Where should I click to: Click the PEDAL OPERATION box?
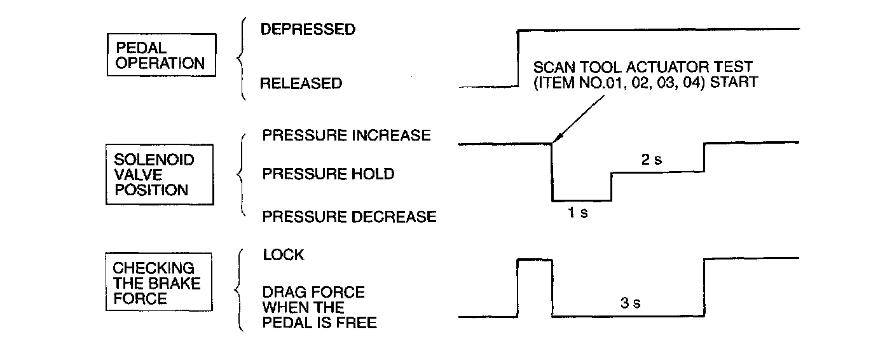pyautogui.click(x=160, y=55)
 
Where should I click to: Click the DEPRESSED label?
pyautogui.click(x=308, y=29)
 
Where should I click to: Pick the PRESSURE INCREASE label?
pyautogui.click(x=346, y=135)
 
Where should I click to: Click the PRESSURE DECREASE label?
pyautogui.click(x=349, y=217)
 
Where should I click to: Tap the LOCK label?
pyautogui.click(x=284, y=255)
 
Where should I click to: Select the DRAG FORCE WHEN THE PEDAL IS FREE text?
pyautogui.click(x=319, y=308)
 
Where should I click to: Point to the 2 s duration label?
pyautogui.click(x=651, y=160)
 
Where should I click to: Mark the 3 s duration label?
pyautogui.click(x=629, y=303)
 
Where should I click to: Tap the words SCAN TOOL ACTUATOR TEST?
pyautogui.click(x=643, y=66)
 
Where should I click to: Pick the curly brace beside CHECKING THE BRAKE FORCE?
pyautogui.click(x=240, y=290)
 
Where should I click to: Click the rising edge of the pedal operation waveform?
pyautogui.click(x=518, y=57)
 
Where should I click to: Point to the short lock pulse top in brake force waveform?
pyautogui.click(x=535, y=259)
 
